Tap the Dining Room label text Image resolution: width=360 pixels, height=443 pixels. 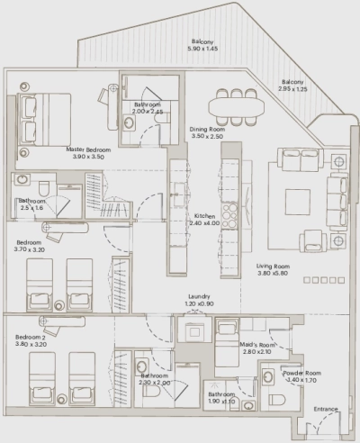click(206, 129)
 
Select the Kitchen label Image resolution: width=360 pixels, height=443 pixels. click(203, 217)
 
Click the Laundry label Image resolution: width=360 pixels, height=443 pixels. click(199, 296)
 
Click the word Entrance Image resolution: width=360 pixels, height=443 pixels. click(326, 410)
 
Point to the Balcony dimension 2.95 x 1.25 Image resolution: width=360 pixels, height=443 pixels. click(293, 89)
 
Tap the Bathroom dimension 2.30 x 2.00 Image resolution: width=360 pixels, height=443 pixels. click(156, 384)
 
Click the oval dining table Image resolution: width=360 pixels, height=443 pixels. click(235, 104)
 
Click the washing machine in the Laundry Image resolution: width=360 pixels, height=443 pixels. click(193, 331)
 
